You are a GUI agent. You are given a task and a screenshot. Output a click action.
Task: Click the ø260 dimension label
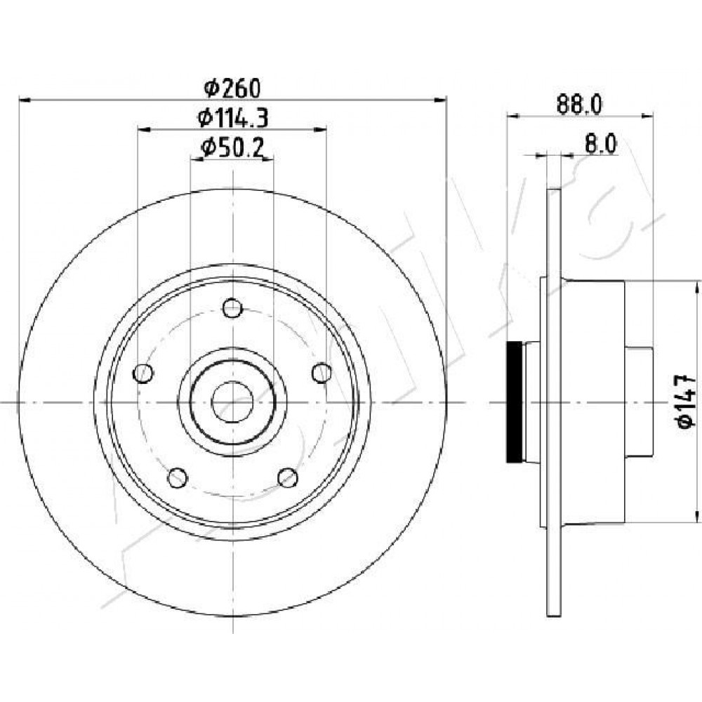click(x=232, y=88)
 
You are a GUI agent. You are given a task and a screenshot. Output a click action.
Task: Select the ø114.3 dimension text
click(x=233, y=118)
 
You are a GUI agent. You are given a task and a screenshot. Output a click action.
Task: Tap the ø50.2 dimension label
click(x=232, y=148)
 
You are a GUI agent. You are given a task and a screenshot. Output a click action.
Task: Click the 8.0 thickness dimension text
click(x=601, y=145)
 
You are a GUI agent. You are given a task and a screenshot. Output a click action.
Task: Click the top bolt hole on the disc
click(x=232, y=308)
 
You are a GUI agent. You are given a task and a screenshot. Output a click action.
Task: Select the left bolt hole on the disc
click(x=143, y=373)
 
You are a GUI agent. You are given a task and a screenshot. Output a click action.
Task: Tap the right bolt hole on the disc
click(x=322, y=373)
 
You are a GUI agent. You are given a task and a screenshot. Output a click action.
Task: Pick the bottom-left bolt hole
click(x=178, y=477)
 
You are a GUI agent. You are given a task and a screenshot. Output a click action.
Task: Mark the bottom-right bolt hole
click(x=288, y=477)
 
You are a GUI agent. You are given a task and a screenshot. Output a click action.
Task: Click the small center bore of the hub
click(x=232, y=402)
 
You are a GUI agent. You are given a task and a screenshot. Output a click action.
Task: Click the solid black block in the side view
click(x=514, y=402)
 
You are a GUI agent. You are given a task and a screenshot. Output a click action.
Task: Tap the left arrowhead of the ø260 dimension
click(x=24, y=99)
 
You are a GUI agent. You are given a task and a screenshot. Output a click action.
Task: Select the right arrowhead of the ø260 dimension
click(x=441, y=99)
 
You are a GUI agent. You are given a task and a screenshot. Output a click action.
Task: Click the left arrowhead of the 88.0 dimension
click(x=512, y=116)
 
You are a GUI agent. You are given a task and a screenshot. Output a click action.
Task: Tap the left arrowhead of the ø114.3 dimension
click(x=143, y=129)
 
